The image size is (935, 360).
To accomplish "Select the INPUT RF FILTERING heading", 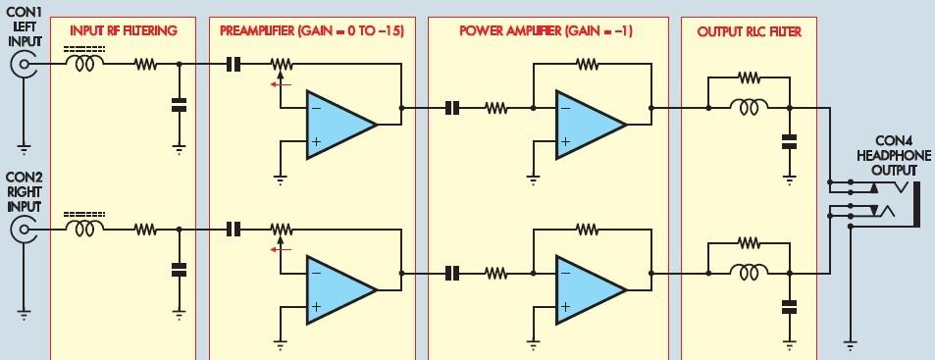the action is point(124,31).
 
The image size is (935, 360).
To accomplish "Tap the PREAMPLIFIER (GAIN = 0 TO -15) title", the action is point(312,31).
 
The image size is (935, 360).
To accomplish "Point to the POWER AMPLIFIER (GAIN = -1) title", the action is point(545,31).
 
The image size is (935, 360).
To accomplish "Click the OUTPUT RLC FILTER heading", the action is point(749,31).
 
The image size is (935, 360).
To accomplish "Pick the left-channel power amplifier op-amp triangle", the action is point(591,125).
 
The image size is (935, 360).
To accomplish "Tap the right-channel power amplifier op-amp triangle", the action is point(591,289).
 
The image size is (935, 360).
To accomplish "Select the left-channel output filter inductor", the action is point(749,108).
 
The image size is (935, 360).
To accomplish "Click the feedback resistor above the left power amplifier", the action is point(588,64).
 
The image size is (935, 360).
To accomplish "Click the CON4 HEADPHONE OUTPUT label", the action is point(894,156).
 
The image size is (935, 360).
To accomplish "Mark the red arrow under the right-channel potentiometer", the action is point(281,249).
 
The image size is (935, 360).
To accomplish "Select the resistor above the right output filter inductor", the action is point(749,242).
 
